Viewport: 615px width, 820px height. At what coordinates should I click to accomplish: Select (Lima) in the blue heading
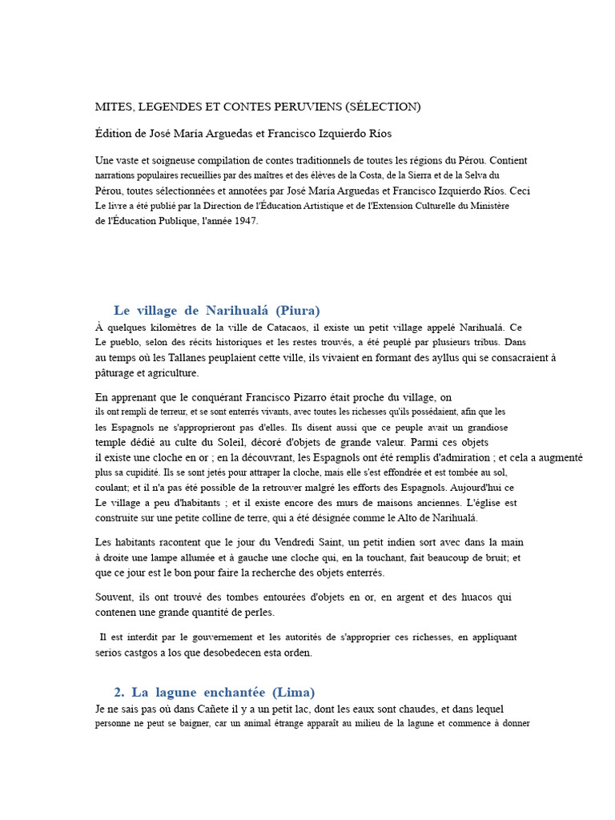click(x=294, y=692)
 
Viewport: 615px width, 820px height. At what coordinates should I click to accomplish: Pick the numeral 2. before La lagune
click(x=120, y=692)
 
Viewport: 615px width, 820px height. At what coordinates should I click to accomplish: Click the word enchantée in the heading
click(x=231, y=692)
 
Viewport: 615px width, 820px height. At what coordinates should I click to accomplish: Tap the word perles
click(x=255, y=613)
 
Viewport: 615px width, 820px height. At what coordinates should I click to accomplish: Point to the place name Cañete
click(x=186, y=709)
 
